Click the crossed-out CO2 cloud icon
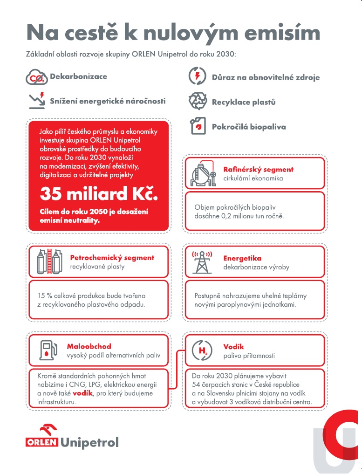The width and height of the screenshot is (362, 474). (x=36, y=78)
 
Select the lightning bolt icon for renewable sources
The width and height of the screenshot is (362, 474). (x=198, y=77)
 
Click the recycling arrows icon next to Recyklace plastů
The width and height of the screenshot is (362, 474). (x=198, y=101)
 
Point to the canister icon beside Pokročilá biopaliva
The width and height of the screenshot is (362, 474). (x=198, y=126)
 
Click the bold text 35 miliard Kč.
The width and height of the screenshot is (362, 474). (x=99, y=193)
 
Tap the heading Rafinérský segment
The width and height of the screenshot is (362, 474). (x=258, y=170)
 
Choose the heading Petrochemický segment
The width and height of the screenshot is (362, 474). (x=112, y=257)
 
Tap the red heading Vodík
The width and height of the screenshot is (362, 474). (x=233, y=346)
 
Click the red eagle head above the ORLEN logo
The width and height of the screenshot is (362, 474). (x=48, y=429)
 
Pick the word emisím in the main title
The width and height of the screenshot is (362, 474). (x=275, y=33)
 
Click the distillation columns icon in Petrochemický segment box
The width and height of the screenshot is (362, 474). (x=49, y=262)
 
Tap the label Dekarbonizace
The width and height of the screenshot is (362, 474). (x=78, y=76)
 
